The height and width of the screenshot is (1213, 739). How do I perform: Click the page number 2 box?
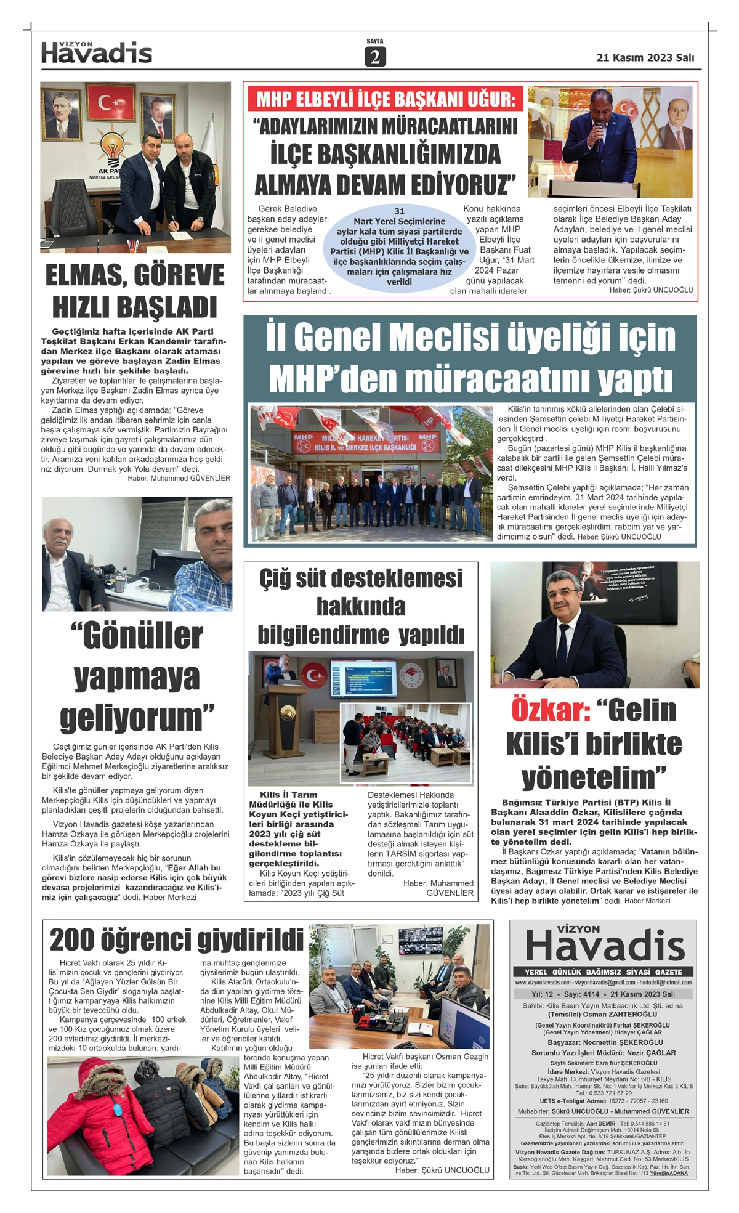374,57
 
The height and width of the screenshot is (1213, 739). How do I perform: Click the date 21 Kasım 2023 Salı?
645,57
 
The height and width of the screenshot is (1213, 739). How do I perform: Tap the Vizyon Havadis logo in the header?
97,53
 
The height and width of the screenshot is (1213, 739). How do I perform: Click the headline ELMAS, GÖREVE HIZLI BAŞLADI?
135,291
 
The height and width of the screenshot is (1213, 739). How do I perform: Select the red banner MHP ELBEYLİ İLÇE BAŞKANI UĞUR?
386,99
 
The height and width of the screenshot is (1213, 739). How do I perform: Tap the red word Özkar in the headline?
551,710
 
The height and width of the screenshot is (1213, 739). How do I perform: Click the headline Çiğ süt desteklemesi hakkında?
361,592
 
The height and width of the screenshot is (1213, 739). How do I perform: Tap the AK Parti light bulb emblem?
112,148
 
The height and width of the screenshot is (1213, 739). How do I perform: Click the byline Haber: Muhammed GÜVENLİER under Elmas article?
179,478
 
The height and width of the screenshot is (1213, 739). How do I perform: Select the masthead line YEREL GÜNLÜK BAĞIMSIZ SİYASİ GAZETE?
603,972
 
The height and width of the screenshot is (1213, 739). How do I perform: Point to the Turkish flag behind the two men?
111,102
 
